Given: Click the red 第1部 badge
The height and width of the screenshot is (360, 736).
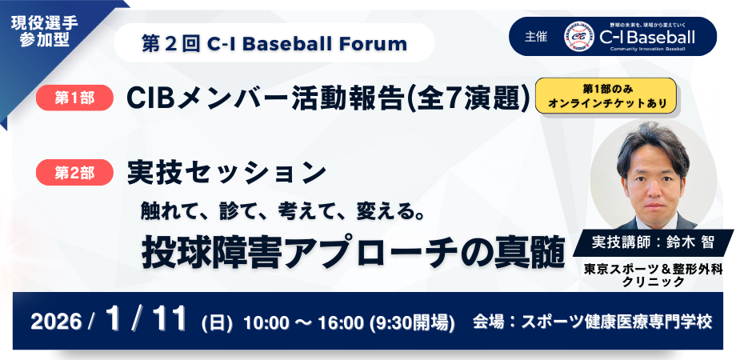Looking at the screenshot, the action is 74,98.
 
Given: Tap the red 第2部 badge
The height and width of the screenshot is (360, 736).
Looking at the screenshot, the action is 74,172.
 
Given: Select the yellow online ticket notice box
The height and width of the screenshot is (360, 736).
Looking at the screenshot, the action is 606,95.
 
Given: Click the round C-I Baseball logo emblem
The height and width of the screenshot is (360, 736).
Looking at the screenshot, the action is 579,36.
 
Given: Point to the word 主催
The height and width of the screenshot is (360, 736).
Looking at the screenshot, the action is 535,37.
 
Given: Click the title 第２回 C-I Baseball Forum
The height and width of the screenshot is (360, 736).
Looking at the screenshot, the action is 274,44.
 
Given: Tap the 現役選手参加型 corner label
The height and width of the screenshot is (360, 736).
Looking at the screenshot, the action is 44,31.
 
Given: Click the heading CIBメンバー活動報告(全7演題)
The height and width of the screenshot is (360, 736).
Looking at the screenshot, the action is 329,98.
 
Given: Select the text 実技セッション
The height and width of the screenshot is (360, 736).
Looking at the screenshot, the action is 226,173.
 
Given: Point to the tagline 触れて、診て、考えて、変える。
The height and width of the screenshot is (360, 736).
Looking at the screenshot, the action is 282,213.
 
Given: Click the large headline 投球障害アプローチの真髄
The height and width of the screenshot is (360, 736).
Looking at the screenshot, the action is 353,254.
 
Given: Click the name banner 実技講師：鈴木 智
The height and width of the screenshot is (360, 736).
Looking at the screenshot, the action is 653,242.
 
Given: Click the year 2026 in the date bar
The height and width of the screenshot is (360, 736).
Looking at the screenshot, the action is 56,322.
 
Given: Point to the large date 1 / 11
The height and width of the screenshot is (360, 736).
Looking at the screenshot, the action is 146,320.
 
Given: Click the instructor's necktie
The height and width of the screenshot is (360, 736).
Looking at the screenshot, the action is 654,222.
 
